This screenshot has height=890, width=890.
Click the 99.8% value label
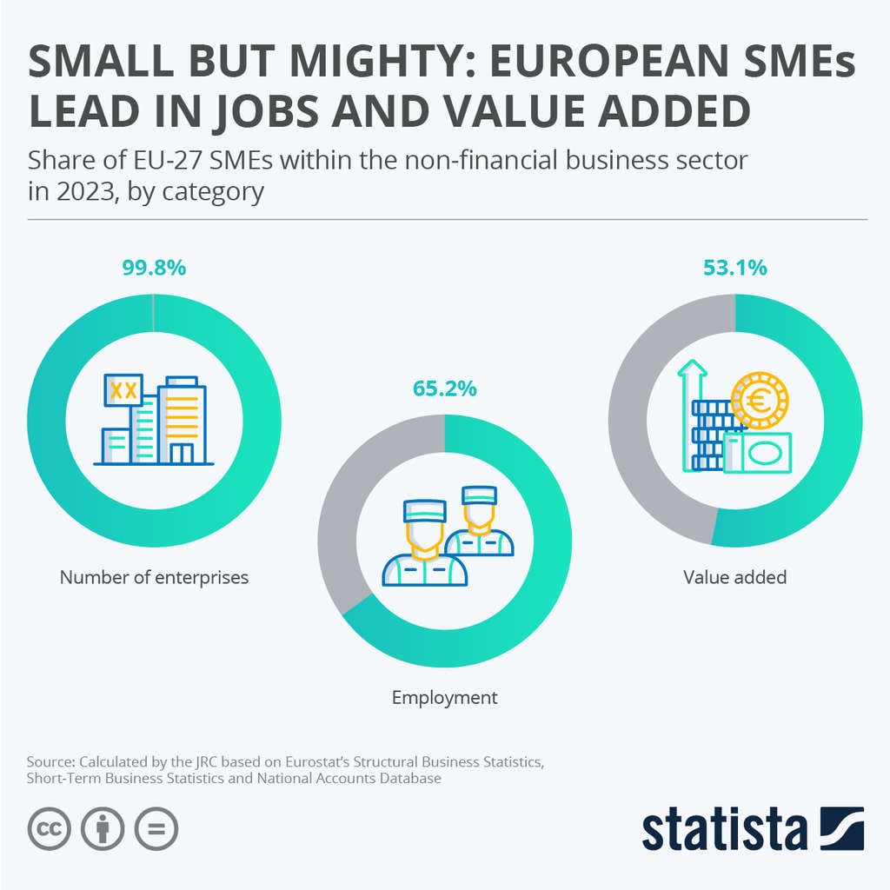[154, 269]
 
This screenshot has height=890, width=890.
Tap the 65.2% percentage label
[444, 389]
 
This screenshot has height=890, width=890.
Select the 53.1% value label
[734, 269]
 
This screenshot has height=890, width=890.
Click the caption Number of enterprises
[154, 577]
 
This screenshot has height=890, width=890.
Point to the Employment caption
[444, 697]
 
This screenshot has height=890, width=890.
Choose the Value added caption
[734, 577]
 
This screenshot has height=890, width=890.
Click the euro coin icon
[760, 401]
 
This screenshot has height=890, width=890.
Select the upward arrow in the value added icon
[693, 382]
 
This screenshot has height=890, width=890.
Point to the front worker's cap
[424, 509]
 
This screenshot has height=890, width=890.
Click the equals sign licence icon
[156, 829]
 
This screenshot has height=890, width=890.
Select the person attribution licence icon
[103, 829]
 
